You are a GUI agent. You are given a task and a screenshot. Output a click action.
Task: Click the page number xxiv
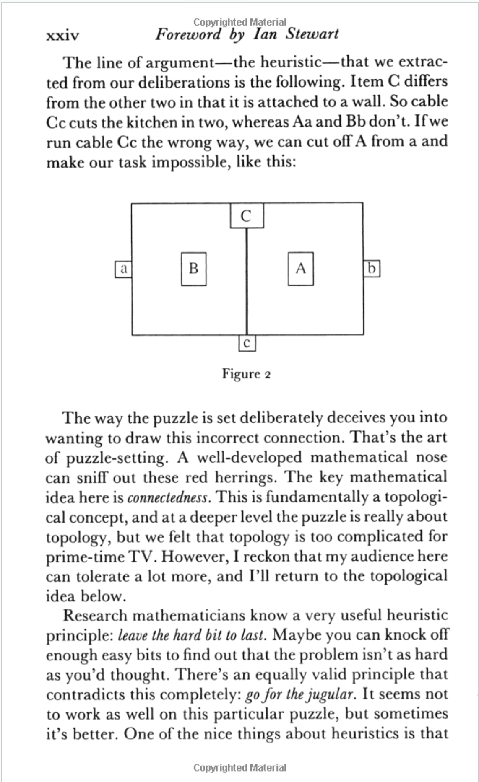tap(62, 36)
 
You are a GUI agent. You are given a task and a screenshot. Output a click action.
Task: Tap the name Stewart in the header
tap(312, 34)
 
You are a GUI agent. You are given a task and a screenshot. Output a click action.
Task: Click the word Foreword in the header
tap(187, 34)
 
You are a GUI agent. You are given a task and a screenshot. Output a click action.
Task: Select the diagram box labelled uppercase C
tap(247, 216)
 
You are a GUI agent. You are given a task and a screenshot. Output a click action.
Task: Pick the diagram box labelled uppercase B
tap(193, 269)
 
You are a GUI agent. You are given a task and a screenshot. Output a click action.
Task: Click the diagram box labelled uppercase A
tap(300, 269)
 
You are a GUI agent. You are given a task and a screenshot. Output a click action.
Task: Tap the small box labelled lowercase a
tap(123, 269)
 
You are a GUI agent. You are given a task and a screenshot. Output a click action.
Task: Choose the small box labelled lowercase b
tap(372, 269)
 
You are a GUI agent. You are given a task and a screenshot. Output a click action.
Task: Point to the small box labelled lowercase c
tap(247, 344)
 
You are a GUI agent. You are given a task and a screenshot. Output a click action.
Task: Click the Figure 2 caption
tap(246, 373)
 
